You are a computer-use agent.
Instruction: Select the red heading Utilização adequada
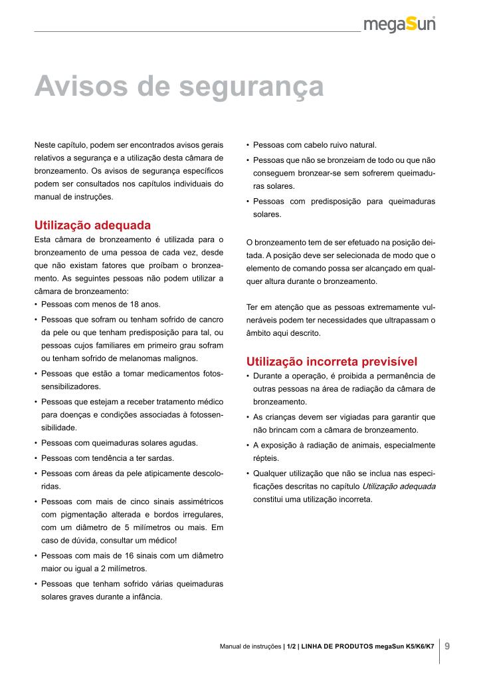[x=92, y=225]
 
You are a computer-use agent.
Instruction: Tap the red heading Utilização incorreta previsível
[x=332, y=362]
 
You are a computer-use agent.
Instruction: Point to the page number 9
[x=447, y=646]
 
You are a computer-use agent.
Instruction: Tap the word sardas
[x=161, y=458]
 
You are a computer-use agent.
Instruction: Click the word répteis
[x=266, y=458]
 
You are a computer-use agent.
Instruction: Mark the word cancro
[x=210, y=319]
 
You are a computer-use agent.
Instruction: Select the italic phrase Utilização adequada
[x=399, y=486]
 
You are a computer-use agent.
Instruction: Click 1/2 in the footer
[x=291, y=646]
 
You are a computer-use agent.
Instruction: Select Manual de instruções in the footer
[x=250, y=646]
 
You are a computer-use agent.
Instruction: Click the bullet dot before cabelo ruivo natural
[x=247, y=144]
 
